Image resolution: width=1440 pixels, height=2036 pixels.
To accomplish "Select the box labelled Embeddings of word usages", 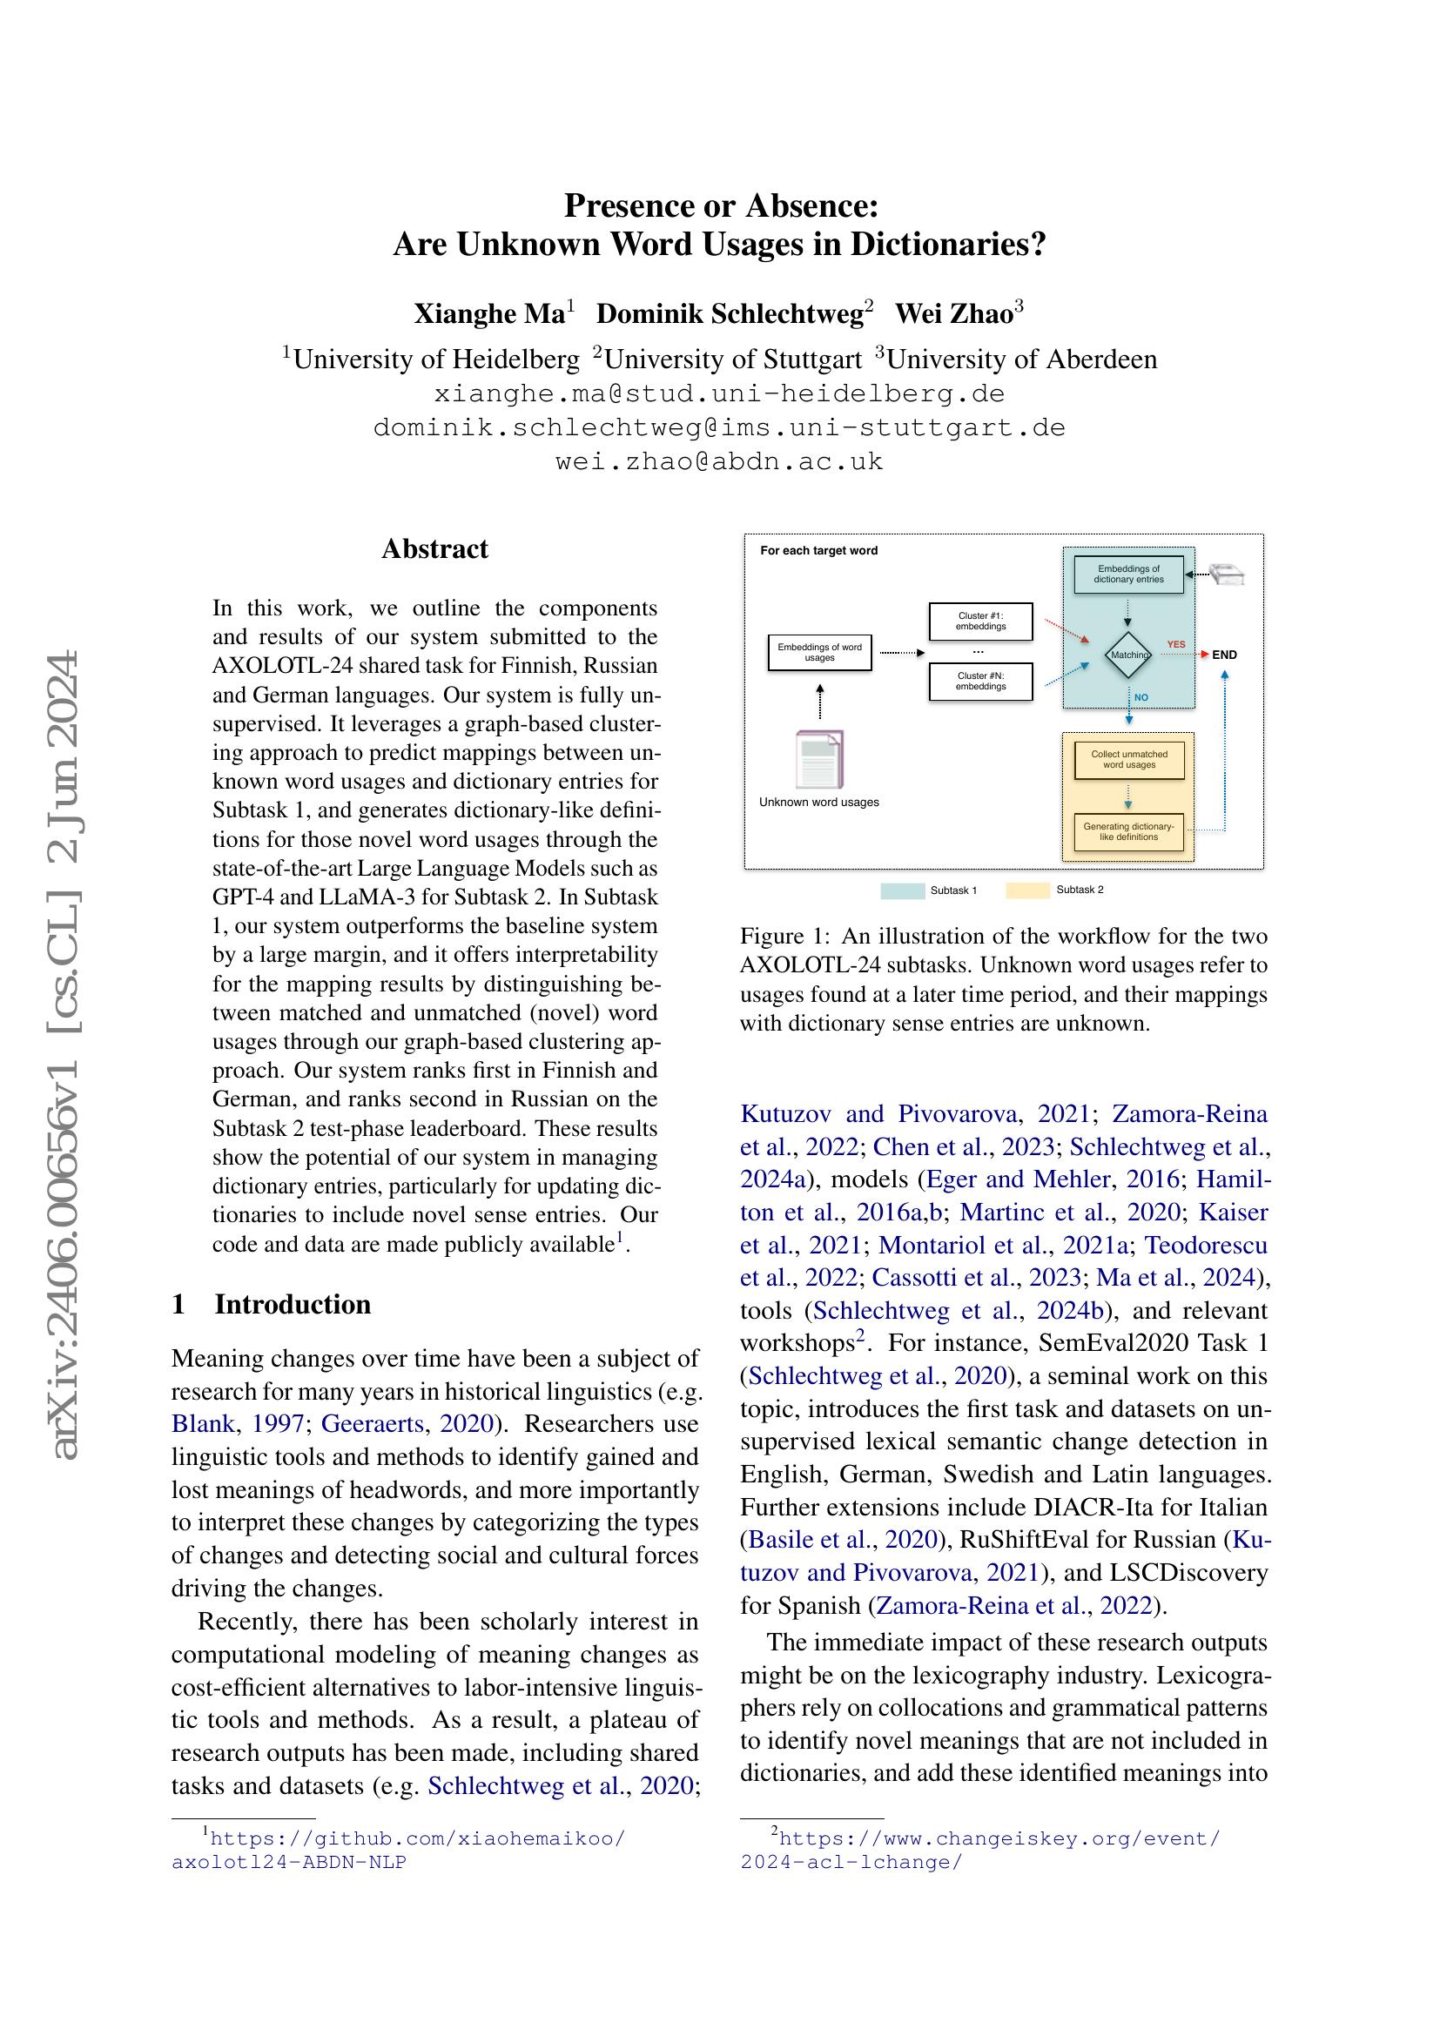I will point(819,652).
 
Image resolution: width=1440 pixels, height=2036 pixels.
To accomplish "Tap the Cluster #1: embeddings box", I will point(980,621).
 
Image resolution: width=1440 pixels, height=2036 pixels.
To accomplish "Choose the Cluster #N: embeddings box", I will point(980,681).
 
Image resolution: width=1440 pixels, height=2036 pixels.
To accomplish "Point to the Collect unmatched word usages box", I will point(1129,759).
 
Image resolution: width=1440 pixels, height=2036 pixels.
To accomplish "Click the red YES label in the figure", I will point(1175,645).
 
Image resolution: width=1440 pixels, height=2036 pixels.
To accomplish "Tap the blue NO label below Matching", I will point(1141,697).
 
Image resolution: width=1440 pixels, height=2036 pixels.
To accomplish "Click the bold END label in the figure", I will point(1225,655).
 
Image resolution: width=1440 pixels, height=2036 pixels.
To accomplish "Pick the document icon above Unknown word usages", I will point(819,758).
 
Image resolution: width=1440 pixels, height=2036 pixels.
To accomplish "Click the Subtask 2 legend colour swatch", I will point(1027,890).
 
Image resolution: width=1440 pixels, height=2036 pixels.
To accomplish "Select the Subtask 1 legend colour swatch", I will point(903,890).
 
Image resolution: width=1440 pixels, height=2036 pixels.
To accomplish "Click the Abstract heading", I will point(434,549).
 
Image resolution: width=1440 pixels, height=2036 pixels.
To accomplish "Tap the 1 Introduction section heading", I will point(272,1305).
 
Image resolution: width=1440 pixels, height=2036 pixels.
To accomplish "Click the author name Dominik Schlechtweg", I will point(730,314).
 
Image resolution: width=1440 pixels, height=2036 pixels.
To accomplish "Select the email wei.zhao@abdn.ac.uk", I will point(719,461).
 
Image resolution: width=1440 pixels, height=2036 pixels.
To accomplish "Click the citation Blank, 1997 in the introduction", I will point(236,1423).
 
